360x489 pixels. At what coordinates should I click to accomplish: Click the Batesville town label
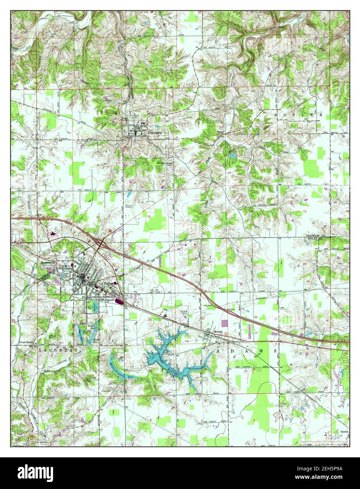(x=110, y=284)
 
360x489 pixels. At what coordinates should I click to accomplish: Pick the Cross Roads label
(x=26, y=342)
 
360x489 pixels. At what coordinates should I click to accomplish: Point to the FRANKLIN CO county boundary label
(x=316, y=235)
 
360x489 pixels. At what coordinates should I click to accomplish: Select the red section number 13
(x=305, y=211)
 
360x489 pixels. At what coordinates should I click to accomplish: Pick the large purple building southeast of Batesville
(x=119, y=301)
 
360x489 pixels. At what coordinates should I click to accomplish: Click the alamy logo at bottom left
(x=32, y=472)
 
